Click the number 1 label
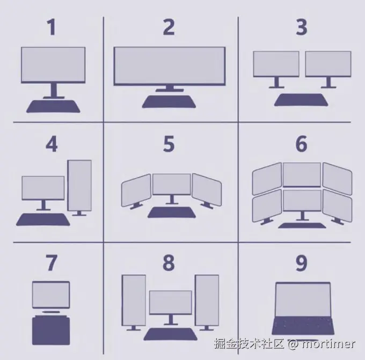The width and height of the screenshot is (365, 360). [x=52, y=27]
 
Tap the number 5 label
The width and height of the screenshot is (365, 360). [x=169, y=144]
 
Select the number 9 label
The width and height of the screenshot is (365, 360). [x=302, y=263]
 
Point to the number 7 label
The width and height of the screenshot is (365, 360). [x=52, y=263]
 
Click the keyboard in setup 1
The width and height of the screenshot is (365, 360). [x=53, y=106]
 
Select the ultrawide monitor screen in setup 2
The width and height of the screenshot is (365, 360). [x=170, y=67]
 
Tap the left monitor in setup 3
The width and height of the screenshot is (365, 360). [x=276, y=64]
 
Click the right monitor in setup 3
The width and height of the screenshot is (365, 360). [x=328, y=64]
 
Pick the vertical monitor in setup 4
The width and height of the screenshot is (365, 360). [x=79, y=186]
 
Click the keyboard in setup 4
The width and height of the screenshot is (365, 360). [x=43, y=219]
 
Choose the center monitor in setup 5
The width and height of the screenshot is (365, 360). [x=172, y=184]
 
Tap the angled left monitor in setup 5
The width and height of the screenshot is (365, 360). [x=136, y=190]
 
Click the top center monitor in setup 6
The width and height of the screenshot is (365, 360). [x=302, y=174]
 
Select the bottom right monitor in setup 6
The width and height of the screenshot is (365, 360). [x=337, y=205]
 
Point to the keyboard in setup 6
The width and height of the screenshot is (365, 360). [x=302, y=225]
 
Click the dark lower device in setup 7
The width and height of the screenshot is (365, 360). [x=51, y=330]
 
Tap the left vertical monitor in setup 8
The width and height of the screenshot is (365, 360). [x=134, y=300]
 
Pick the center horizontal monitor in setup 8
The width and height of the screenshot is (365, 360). [x=171, y=303]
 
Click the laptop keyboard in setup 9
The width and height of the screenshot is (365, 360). [x=303, y=326]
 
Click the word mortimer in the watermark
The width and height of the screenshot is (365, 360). [x=328, y=344]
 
